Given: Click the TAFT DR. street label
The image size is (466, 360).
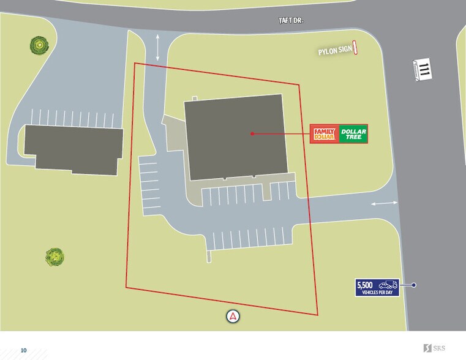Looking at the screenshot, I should (291, 20).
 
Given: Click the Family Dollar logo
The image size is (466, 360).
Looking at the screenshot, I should (324, 133).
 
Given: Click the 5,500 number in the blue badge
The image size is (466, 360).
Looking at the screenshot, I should (365, 284).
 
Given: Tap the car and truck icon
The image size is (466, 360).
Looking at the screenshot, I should (388, 285).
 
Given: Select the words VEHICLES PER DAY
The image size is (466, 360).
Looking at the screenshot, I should (377, 293).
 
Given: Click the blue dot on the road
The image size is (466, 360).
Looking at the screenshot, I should (414, 285).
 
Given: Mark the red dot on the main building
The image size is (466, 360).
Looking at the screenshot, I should (251, 133).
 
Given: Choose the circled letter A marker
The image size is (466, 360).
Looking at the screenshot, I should (233, 317).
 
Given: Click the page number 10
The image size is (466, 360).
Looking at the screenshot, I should (24, 350).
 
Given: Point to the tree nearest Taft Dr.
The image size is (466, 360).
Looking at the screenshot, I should (39, 45).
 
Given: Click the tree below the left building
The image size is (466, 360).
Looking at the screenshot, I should (54, 257).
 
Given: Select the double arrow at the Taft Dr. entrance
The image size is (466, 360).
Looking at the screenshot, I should (158, 47).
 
